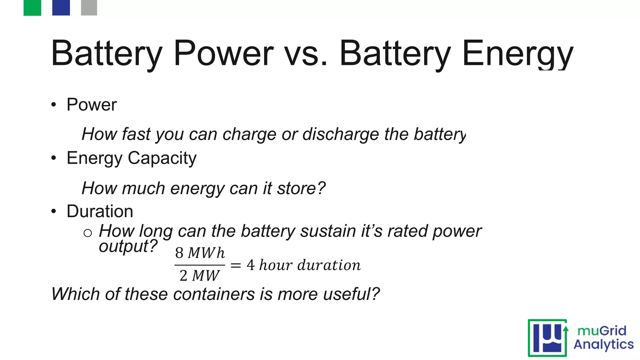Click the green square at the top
(32, 7)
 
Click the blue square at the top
(61, 7)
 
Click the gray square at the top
(89, 7)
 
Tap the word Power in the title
(223, 53)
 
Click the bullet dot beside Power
(54, 105)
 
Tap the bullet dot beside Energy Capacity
(54, 158)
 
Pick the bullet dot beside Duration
(54, 212)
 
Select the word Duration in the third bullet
(100, 211)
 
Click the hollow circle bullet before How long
(88, 233)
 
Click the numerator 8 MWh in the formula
(200, 253)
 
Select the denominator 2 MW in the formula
(199, 276)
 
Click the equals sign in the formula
(236, 265)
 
